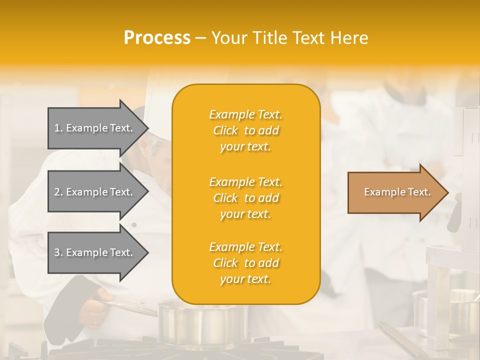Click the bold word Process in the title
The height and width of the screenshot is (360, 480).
(157, 38)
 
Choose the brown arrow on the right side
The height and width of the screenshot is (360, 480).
(395, 192)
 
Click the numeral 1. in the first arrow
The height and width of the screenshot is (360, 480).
(58, 128)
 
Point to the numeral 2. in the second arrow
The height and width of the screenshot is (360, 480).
(58, 192)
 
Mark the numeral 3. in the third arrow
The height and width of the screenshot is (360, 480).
(58, 252)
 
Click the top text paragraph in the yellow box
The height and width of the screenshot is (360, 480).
(245, 130)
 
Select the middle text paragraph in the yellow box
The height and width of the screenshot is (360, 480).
(245, 197)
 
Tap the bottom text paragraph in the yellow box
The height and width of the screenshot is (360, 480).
(245, 263)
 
